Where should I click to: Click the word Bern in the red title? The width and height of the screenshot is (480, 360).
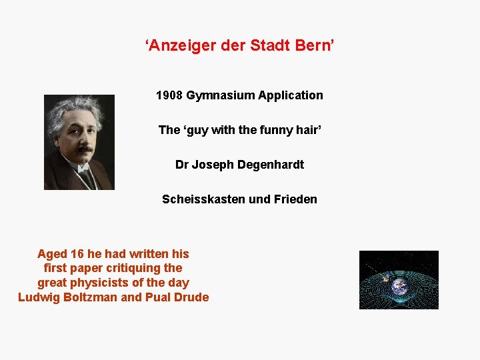[315, 46]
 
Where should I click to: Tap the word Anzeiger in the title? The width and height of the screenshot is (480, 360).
[176, 46]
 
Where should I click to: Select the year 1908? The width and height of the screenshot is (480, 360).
[169, 95]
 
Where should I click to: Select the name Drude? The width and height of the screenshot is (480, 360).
[192, 297]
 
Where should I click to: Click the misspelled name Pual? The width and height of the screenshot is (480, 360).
[157, 297]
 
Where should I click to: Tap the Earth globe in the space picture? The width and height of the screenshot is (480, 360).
[399, 286]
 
